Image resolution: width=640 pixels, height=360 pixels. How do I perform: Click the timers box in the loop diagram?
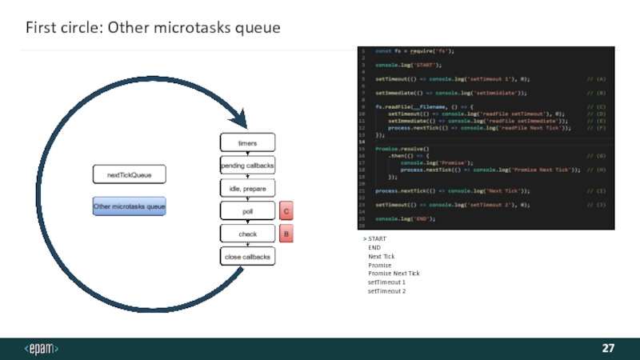pyautogui.click(x=247, y=142)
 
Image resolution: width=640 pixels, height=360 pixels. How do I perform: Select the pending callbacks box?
pyautogui.click(x=247, y=165)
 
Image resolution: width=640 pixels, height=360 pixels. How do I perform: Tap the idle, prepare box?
pyautogui.click(x=247, y=188)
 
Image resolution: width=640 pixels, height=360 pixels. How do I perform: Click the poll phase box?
pyautogui.click(x=247, y=211)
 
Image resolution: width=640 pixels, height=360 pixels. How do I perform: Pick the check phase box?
pyautogui.click(x=247, y=234)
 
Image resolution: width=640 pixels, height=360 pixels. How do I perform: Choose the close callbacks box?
pyautogui.click(x=247, y=257)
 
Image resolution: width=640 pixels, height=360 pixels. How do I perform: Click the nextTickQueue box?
pyautogui.click(x=129, y=174)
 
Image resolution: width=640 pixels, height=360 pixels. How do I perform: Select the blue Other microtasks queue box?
pyautogui.click(x=129, y=206)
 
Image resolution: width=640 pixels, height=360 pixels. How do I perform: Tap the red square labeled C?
pyautogui.click(x=286, y=211)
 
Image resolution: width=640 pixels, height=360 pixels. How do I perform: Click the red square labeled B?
pyautogui.click(x=286, y=234)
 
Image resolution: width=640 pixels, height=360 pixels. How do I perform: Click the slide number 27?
pyautogui.click(x=608, y=349)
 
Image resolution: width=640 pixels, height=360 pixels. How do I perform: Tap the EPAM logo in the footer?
pyautogui.click(x=42, y=349)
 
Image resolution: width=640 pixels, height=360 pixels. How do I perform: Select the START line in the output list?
pyautogui.click(x=377, y=239)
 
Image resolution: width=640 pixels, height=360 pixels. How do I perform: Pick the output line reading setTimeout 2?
pyautogui.click(x=386, y=291)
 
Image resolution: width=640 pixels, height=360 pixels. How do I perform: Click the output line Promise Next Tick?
pyautogui.click(x=394, y=274)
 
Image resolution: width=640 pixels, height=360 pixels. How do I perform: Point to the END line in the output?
pyautogui.click(x=374, y=248)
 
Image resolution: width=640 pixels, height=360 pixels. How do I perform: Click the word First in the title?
pyautogui.click(x=41, y=28)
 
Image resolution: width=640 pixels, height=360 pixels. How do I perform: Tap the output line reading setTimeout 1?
pyautogui.click(x=386, y=282)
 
